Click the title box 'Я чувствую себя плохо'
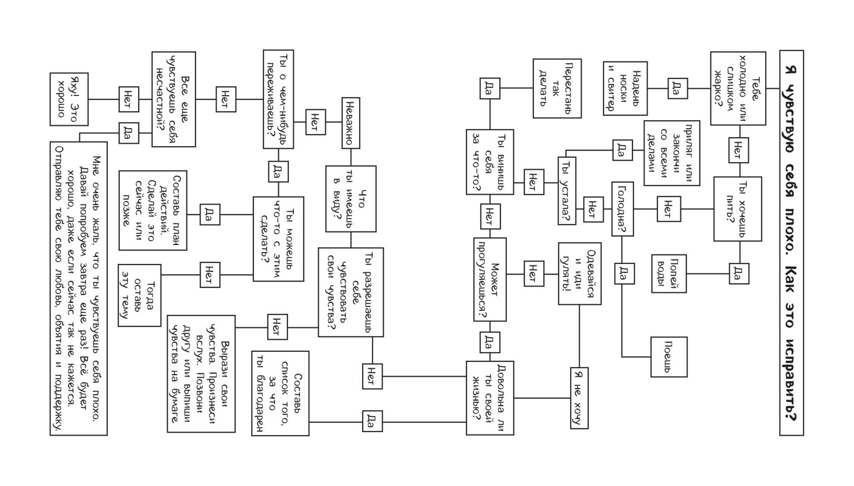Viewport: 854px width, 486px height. pos(791,243)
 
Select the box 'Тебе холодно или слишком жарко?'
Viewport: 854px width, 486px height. pos(738,88)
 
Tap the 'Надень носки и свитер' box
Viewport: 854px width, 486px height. pos(625,88)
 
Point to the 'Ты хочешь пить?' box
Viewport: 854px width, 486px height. pos(738,209)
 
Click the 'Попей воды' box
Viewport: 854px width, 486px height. pos(669,273)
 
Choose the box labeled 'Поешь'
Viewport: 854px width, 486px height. pos(669,357)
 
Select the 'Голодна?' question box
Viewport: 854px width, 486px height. pos(622,209)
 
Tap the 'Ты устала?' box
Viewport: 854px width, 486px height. pos(567,191)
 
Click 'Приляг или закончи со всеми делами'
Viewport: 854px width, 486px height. pos(672,153)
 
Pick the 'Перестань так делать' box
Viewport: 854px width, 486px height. pos(557,88)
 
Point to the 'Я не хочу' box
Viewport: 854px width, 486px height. pos(579,398)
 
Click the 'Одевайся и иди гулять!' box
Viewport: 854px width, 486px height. pos(580,273)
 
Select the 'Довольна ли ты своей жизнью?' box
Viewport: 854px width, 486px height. pos(490,398)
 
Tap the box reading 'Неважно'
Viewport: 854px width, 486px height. pos(351,123)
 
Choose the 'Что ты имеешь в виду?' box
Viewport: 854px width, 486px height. pos(351,199)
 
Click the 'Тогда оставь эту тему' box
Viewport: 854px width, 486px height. pos(139,295)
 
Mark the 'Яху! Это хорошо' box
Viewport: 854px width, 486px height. pos(69,99)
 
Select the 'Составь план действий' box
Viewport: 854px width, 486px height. pos(153,210)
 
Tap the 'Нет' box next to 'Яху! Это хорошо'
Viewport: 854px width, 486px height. pos(129,99)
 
